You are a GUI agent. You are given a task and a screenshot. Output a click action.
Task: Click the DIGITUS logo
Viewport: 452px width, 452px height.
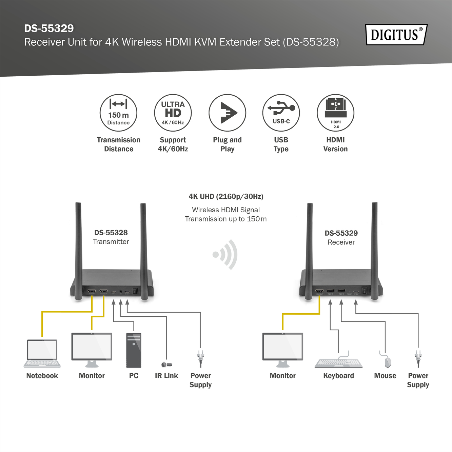tap(396, 35)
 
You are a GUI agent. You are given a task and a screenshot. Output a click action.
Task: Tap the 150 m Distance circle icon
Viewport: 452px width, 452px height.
tap(118, 113)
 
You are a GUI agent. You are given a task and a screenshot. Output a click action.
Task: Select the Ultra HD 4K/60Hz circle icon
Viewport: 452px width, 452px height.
tap(173, 113)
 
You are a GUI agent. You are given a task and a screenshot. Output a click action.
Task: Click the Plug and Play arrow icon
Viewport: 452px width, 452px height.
tap(227, 113)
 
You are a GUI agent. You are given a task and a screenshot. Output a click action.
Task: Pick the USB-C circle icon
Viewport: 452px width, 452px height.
tap(281, 113)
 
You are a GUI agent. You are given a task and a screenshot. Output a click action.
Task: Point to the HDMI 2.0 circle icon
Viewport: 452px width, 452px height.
tap(335, 113)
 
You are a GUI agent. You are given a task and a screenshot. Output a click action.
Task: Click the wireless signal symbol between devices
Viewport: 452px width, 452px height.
tap(226, 255)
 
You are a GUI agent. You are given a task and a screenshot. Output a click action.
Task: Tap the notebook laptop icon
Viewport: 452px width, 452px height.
tap(42, 353)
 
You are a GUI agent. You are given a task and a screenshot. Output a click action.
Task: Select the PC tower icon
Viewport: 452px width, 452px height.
tap(134, 350)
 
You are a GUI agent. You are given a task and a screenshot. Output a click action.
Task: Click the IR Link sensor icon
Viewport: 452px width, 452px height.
tap(166, 365)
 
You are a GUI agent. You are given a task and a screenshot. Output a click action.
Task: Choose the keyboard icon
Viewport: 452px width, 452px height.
tap(338, 362)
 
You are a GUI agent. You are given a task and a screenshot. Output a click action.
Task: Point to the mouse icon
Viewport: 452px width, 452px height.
tap(387, 362)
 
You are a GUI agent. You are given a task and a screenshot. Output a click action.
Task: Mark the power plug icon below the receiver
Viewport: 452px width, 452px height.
tap(418, 358)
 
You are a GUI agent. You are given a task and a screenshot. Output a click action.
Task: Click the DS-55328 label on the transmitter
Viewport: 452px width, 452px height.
tap(111, 233)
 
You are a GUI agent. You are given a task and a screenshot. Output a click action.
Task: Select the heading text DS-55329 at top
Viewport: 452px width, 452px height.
tap(49, 28)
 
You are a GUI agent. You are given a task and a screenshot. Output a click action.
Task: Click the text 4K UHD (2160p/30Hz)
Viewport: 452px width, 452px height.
tap(226, 196)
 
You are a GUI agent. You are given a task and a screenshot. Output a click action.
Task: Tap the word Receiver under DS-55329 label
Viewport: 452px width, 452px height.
tap(341, 242)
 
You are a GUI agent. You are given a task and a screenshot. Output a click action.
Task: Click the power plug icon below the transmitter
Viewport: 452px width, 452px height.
tap(200, 358)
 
